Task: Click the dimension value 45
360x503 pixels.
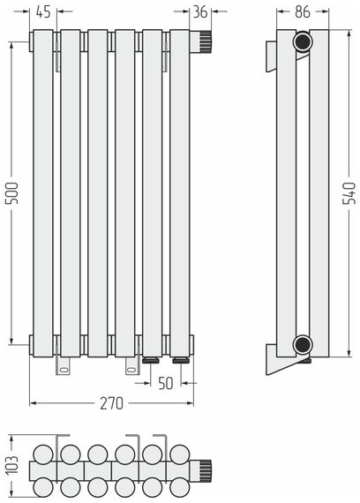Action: coord(43,12)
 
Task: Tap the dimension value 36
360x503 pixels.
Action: coord(200,12)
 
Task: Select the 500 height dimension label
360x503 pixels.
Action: coord(11,192)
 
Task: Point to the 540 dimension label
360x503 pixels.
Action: coord(349,192)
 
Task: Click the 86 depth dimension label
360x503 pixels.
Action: coord(303,12)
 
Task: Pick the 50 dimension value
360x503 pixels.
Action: coord(166,383)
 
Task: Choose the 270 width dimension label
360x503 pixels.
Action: coord(111,403)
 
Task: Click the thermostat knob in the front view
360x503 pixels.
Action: coord(201,42)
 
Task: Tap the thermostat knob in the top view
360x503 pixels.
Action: coord(201,470)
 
